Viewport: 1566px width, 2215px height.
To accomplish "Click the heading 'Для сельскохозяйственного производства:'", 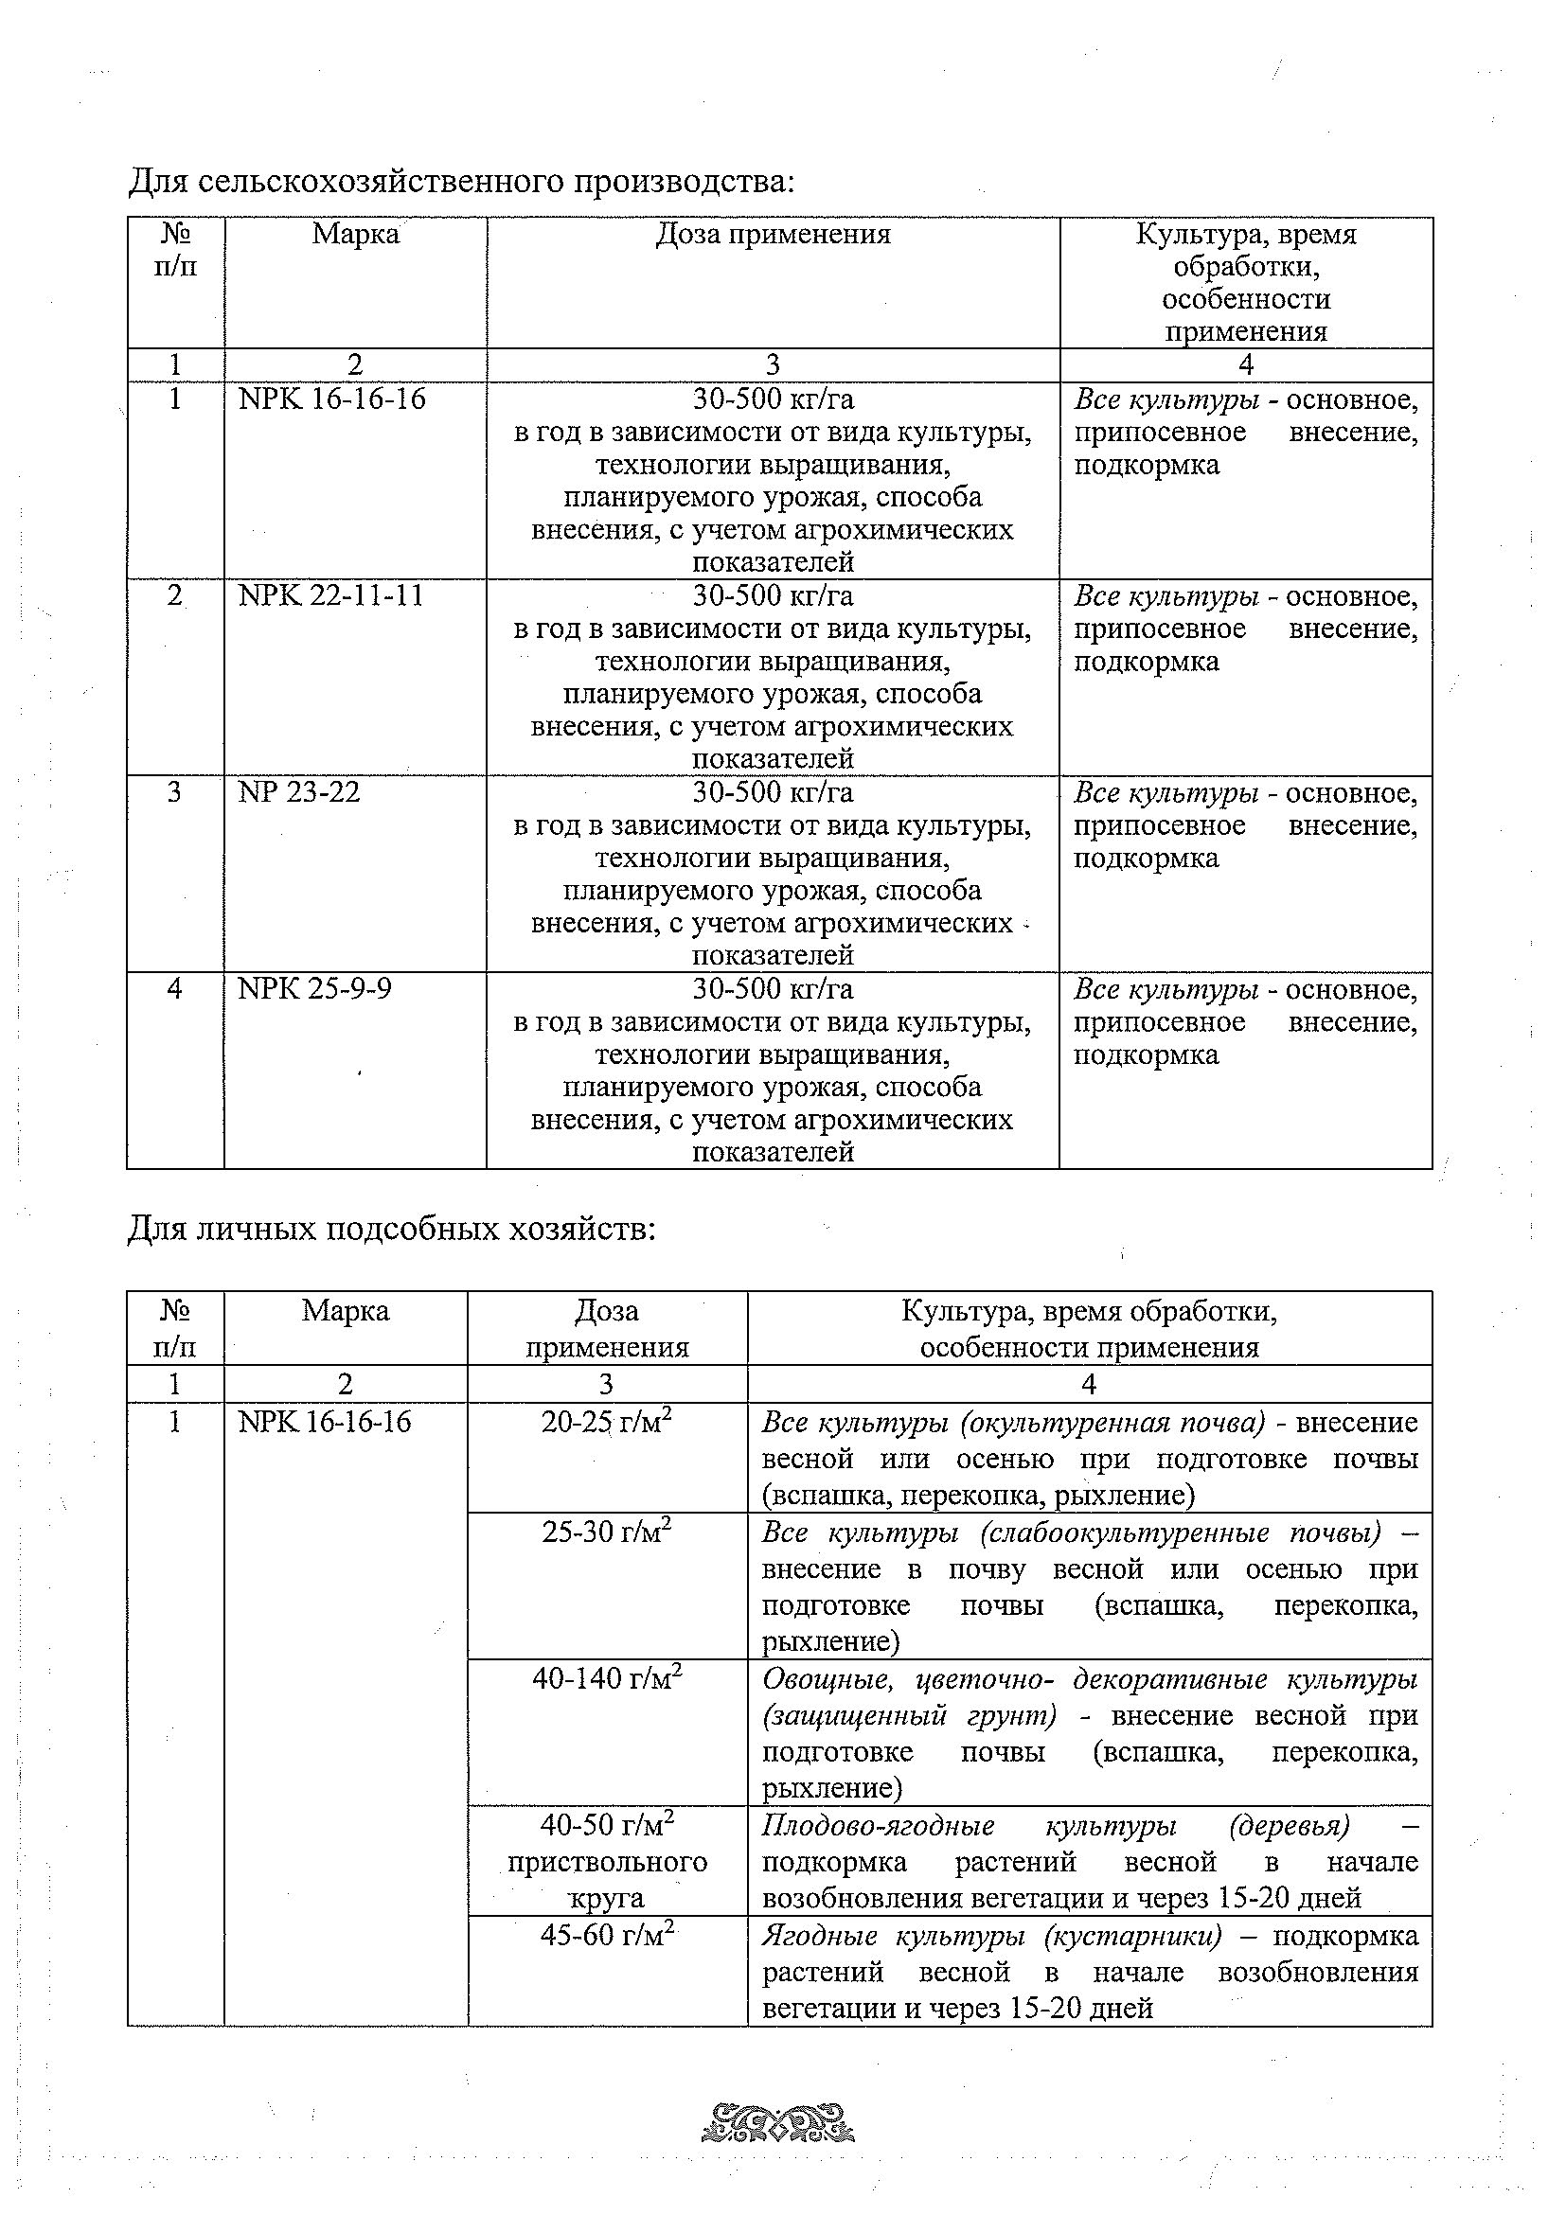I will (461, 182).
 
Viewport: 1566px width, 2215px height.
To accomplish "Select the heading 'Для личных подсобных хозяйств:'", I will (392, 1230).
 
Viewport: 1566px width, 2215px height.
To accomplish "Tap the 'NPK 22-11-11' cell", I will (331, 595).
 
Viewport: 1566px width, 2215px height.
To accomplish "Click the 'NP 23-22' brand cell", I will (299, 792).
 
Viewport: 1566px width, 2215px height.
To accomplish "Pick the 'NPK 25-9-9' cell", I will (314, 989).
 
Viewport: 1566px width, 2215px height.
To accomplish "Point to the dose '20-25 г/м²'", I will (607, 1422).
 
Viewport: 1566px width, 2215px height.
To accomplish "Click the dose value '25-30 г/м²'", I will (607, 1532).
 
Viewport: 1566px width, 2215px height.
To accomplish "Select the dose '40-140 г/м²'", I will (607, 1678).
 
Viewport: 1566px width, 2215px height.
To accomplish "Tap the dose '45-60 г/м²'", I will (607, 1935).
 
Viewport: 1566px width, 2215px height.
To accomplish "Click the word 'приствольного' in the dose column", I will (607, 1862).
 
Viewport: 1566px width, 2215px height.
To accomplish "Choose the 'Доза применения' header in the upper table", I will (773, 235).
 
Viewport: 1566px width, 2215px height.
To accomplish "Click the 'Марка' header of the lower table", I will (346, 1311).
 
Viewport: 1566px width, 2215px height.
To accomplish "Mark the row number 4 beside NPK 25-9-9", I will (174, 989).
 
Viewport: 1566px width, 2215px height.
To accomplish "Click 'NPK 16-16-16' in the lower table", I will (324, 1422).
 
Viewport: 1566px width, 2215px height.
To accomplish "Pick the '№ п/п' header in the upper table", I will (174, 250).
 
